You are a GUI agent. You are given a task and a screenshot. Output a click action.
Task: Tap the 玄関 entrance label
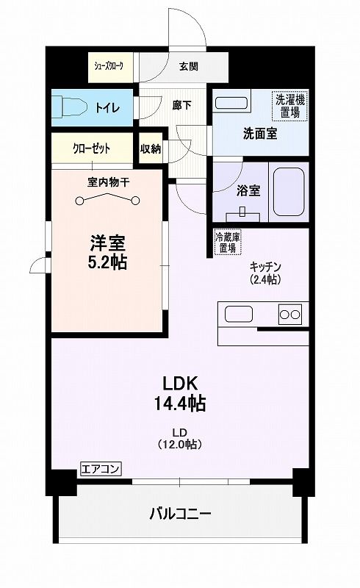[189, 67]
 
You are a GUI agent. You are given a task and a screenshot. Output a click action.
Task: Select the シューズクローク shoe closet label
[109, 66]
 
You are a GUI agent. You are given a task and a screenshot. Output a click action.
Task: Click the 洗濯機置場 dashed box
[290, 106]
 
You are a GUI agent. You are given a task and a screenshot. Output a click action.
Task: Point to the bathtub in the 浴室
[289, 192]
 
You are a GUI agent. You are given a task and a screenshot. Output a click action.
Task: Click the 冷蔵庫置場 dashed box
[228, 243]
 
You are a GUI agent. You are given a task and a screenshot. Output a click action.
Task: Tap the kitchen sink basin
[239, 314]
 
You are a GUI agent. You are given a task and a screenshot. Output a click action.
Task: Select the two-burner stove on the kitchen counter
[290, 315]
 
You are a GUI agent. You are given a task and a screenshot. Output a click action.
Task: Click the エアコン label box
[101, 469]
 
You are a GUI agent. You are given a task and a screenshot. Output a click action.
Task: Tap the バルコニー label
[181, 513]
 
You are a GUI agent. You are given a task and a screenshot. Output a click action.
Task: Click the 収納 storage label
[151, 149]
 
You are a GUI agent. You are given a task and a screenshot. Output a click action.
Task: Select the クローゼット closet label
[92, 149]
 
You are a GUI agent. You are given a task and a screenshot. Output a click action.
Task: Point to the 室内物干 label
[109, 182]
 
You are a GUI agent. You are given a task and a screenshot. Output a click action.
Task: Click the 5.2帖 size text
[107, 262]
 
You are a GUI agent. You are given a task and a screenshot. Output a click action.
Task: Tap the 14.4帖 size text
[180, 403]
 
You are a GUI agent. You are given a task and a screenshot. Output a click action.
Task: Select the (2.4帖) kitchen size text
[265, 279]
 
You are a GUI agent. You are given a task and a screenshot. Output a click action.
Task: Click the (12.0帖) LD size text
[180, 445]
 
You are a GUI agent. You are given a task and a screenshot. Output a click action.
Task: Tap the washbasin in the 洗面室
[231, 103]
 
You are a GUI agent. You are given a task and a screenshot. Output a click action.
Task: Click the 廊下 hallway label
[182, 105]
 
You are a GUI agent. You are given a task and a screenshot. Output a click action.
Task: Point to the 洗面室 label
[260, 134]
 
